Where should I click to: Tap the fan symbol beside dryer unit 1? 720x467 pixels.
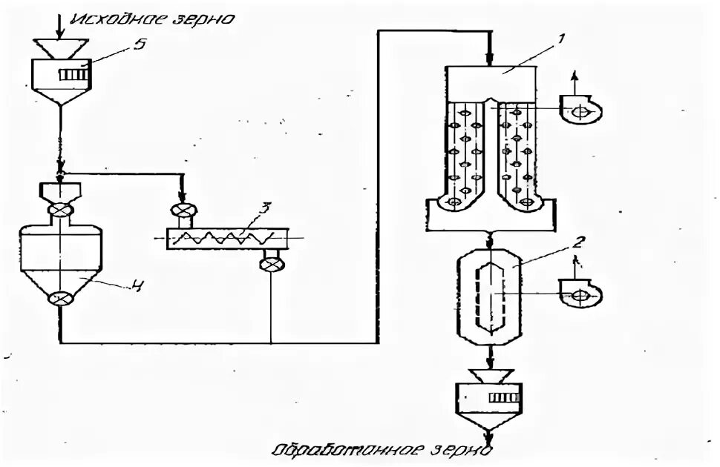(x=581, y=110)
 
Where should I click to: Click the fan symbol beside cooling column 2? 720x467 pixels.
(x=581, y=295)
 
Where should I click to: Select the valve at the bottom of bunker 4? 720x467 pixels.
(x=59, y=299)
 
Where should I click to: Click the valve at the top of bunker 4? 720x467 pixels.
(x=59, y=211)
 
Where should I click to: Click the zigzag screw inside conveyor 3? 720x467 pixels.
(x=230, y=238)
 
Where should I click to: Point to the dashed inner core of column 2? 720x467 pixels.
(x=491, y=294)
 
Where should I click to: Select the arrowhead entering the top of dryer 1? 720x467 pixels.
(x=490, y=61)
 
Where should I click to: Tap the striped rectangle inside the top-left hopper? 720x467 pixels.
(x=73, y=75)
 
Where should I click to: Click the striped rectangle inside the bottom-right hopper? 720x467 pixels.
(x=504, y=397)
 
